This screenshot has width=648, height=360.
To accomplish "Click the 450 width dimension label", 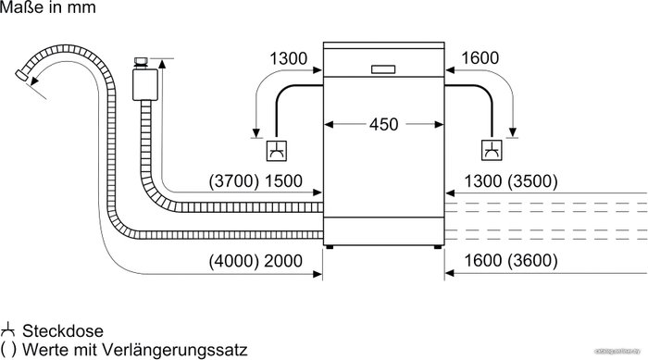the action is [383, 124].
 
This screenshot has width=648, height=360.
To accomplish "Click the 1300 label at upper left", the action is [289, 58].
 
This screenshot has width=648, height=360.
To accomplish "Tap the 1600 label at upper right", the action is [480, 58].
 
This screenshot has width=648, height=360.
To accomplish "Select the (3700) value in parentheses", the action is [234, 181].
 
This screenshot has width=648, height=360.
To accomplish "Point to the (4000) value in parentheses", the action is [234, 261].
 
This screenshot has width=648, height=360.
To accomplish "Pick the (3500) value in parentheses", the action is [532, 181].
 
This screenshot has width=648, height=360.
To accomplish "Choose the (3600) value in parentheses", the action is [532, 260].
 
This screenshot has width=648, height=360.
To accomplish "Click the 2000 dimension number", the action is [283, 261].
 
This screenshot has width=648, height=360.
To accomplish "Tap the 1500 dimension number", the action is [283, 181].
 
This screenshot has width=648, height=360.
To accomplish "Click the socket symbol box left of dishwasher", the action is [277, 151].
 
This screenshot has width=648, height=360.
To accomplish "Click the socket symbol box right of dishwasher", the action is [492, 151].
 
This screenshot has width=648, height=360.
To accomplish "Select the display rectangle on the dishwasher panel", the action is [383, 69].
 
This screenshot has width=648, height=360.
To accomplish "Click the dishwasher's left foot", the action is [330, 247].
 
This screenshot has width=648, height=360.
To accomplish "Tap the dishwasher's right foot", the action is [437, 247].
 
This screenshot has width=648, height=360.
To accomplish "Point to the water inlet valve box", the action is [145, 85].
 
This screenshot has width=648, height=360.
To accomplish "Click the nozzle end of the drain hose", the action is [20, 75].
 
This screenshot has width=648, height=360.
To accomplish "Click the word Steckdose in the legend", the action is [63, 331].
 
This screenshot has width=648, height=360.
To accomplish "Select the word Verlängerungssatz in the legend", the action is [174, 350].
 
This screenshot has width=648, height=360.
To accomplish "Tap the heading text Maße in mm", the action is [48, 7].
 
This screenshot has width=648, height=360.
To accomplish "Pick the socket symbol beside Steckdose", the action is [7, 330].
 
